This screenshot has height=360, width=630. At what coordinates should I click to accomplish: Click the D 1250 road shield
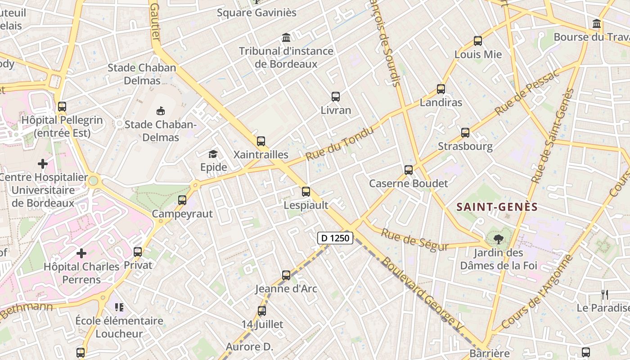tap(335, 238)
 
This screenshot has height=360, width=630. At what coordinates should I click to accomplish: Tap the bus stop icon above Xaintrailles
tap(261, 141)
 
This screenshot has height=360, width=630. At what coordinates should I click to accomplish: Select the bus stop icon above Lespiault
tap(306, 192)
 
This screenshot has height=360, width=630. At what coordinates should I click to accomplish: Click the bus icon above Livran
tap(336, 96)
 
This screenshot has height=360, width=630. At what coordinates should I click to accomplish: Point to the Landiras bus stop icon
tap(441, 89)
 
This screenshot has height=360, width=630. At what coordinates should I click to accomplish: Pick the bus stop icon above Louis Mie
tap(478, 41)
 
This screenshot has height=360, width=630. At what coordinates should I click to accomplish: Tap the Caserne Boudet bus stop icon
tap(409, 170)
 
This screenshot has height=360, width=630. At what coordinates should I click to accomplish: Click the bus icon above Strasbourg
tap(465, 133)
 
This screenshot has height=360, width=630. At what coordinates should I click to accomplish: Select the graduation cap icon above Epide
tap(213, 154)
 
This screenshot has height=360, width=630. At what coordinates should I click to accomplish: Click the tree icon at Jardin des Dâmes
tap(498, 239)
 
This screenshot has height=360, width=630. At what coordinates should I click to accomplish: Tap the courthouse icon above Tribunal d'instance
tap(286, 37)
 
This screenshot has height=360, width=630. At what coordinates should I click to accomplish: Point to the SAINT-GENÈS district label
tap(497, 207)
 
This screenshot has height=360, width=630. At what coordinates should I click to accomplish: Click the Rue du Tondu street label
tap(340, 144)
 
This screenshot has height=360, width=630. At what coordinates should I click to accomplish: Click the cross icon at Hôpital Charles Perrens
tap(81, 253)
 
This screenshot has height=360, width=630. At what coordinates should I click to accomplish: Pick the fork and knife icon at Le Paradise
tap(605, 295)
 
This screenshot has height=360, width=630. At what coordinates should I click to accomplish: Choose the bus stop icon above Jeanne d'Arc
tap(286, 275)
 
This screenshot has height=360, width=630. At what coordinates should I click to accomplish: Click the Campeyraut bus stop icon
tap(182, 200)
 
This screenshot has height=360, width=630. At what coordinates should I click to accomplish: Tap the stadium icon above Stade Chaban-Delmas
tap(160, 110)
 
